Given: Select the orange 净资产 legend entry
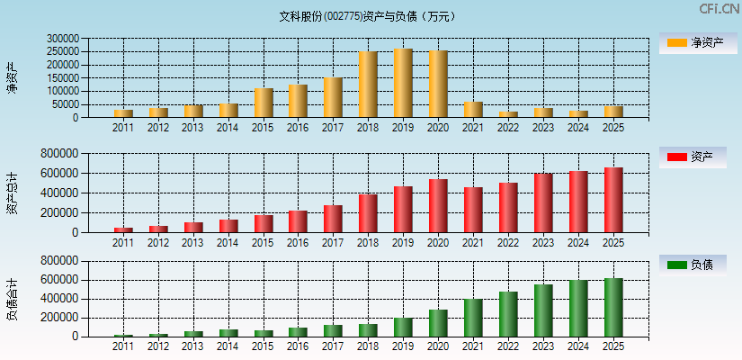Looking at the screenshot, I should [x=698, y=42].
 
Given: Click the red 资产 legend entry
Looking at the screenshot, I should [x=698, y=157].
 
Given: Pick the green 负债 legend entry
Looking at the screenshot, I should [x=698, y=265].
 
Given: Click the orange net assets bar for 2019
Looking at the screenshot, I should [x=403, y=83].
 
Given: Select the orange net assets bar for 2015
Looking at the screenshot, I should [x=264, y=103].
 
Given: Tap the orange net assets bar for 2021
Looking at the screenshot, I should [x=473, y=110].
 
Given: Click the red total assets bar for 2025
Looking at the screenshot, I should [x=613, y=200].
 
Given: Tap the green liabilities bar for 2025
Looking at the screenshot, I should [x=613, y=308].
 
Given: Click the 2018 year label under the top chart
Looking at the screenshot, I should [x=368, y=128].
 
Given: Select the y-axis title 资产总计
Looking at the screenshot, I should [x=12, y=193].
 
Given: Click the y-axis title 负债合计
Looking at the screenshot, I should [x=12, y=299].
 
